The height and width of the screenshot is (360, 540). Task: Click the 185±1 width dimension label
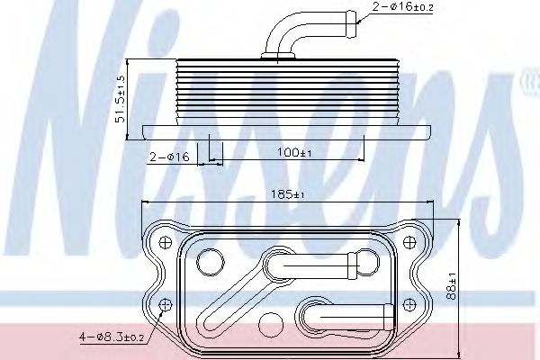click(288, 194)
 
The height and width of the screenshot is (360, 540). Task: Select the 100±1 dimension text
click(294, 152)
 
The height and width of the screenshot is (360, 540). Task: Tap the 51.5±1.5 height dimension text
click(121, 99)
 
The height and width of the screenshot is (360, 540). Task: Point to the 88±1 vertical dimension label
click(451, 286)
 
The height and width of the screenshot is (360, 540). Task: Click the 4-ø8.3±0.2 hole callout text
click(112, 337)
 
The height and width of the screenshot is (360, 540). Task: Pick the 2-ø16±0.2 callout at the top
click(403, 6)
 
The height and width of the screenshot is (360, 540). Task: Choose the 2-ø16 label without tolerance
click(169, 157)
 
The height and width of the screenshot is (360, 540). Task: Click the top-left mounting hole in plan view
click(166, 242)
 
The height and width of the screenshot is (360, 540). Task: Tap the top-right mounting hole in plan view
click(409, 242)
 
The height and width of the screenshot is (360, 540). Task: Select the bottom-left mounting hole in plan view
click(166, 304)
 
